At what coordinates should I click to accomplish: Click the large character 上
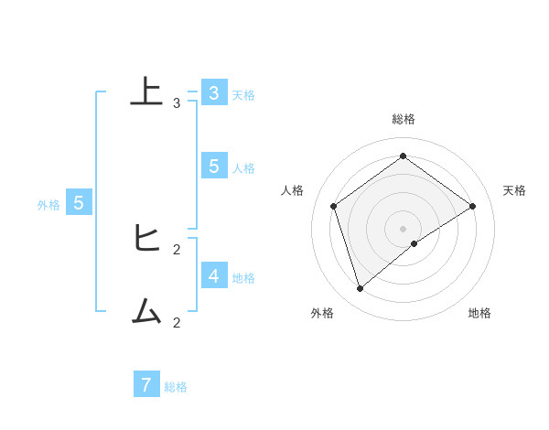coord(145,91)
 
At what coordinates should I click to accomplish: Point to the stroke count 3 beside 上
coord(177,102)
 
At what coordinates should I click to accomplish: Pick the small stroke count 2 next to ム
coord(177,322)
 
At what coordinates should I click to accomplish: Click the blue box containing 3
coord(214,92)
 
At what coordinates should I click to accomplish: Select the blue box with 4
coord(214,275)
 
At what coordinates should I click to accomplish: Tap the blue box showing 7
coord(146,384)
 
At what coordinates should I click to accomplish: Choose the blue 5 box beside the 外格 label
coord(79,203)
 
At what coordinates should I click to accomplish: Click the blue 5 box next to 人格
coord(214,166)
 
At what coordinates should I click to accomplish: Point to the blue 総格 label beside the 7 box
coord(176,387)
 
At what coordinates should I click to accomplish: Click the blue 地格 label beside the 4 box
coord(243,278)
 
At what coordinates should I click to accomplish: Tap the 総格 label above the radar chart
coord(404,119)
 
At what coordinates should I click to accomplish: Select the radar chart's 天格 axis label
coord(515,190)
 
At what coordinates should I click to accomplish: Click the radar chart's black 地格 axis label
coord(479,313)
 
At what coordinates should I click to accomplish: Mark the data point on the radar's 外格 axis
coord(361,289)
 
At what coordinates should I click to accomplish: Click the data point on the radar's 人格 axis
coord(334,206)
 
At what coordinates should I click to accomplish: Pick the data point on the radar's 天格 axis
coord(472,206)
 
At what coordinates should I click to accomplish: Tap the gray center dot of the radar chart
coord(404,228)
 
